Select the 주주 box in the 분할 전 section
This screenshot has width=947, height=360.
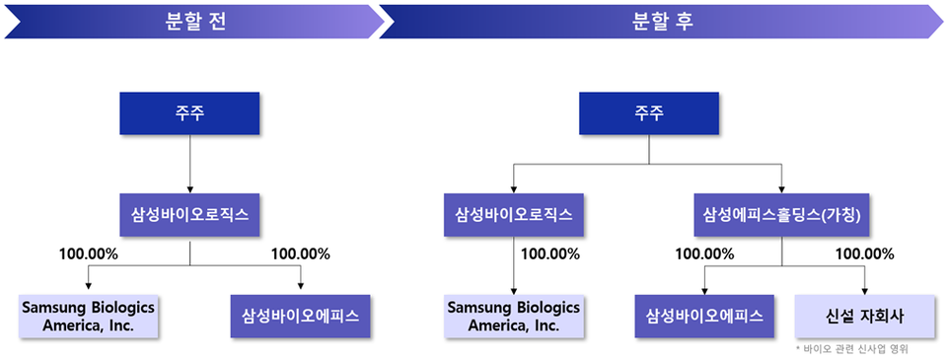click(189, 113)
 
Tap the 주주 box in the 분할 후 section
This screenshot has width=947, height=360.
click(648, 113)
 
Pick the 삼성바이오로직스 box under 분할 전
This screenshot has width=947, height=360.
click(189, 213)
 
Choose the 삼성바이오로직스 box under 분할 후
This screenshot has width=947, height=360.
click(513, 213)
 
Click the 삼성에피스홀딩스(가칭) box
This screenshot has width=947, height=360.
click(782, 213)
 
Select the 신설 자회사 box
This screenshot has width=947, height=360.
click(864, 316)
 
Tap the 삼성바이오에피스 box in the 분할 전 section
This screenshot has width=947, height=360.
click(300, 316)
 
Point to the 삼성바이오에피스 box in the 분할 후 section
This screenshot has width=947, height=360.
click(704, 316)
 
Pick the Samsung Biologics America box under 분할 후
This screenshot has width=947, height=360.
click(513, 316)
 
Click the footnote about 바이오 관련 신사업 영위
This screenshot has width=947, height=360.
click(851, 349)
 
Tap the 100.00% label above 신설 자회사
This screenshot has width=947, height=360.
click(864, 253)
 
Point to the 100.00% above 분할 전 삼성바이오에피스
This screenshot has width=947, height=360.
click(300, 253)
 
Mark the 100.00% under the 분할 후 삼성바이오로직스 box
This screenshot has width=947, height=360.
click(549, 253)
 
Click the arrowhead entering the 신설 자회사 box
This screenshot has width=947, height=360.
click(865, 290)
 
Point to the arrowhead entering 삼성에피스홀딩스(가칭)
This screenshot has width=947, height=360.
click(782, 190)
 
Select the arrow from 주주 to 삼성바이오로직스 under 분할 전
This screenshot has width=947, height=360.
click(189, 163)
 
